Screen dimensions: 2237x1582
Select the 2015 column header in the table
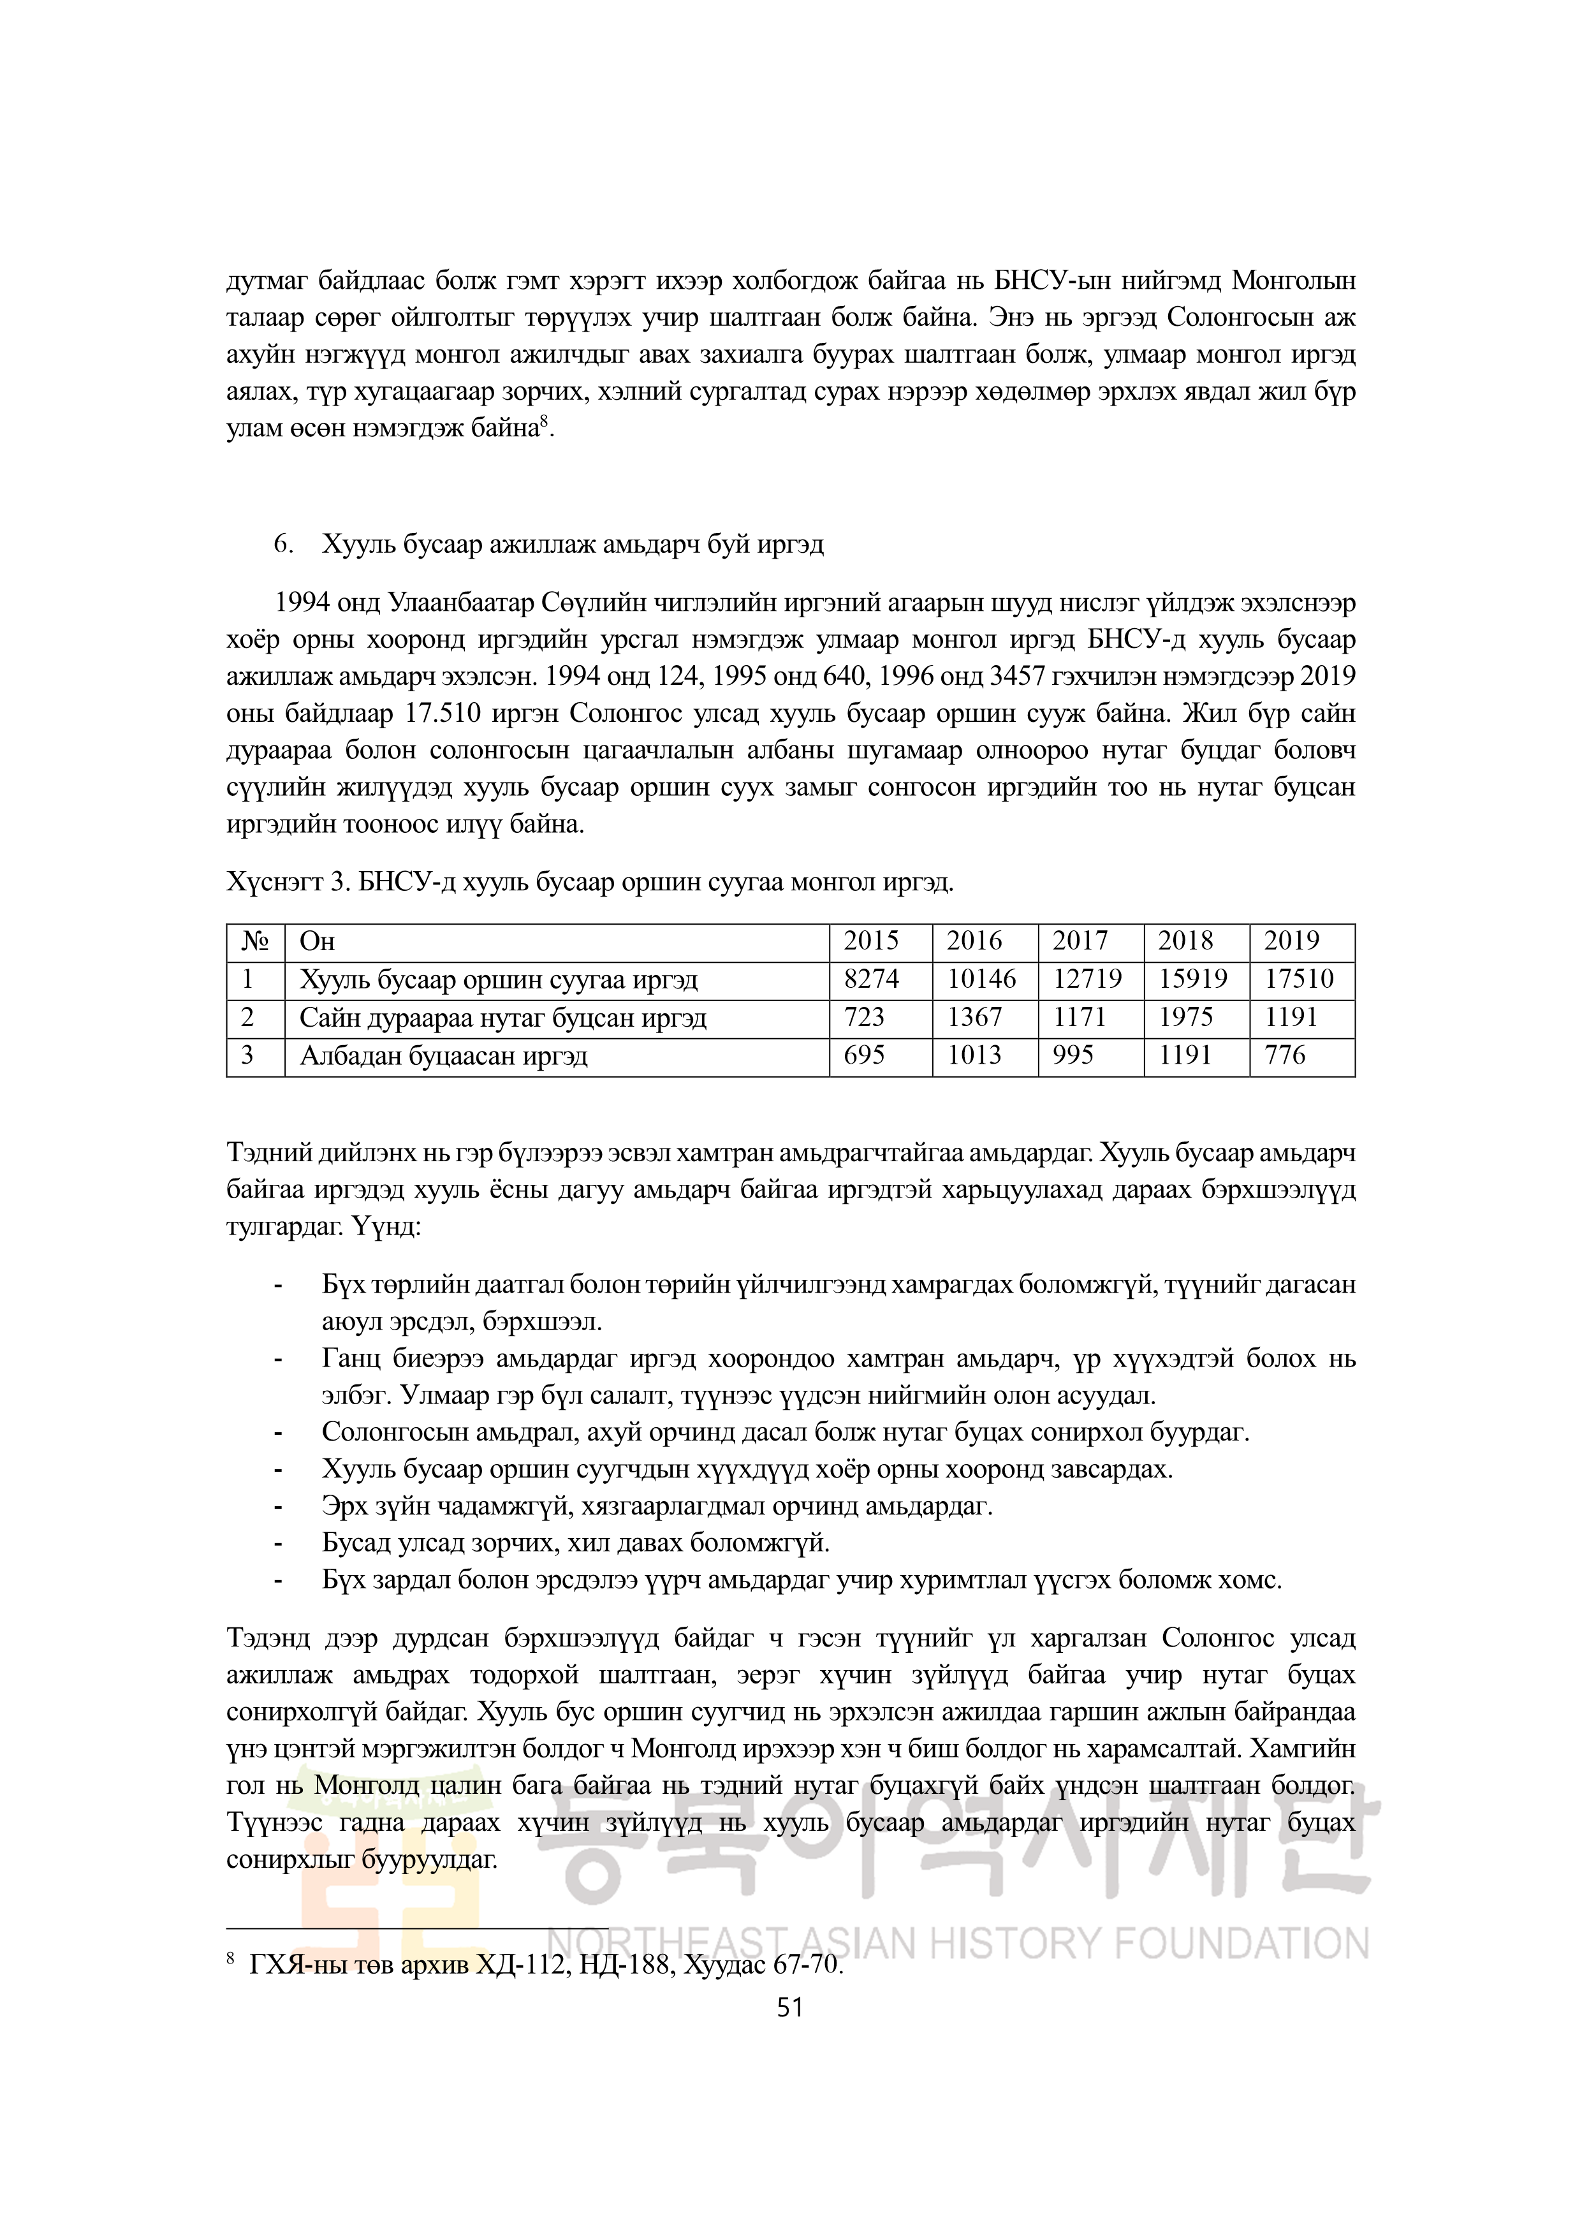tap(871, 941)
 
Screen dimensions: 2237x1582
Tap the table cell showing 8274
tap(871, 979)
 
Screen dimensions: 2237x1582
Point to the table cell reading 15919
tap(1192, 979)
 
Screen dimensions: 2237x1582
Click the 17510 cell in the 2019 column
tap(1298, 979)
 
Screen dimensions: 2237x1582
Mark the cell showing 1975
tap(1185, 1018)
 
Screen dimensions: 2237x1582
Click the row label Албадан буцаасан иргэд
tap(443, 1056)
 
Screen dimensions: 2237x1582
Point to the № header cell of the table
tap(255, 941)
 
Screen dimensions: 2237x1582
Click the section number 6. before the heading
tap(284, 545)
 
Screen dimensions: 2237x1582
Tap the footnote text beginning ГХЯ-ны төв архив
tap(546, 1965)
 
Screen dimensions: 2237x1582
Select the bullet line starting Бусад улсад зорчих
tap(576, 1543)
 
